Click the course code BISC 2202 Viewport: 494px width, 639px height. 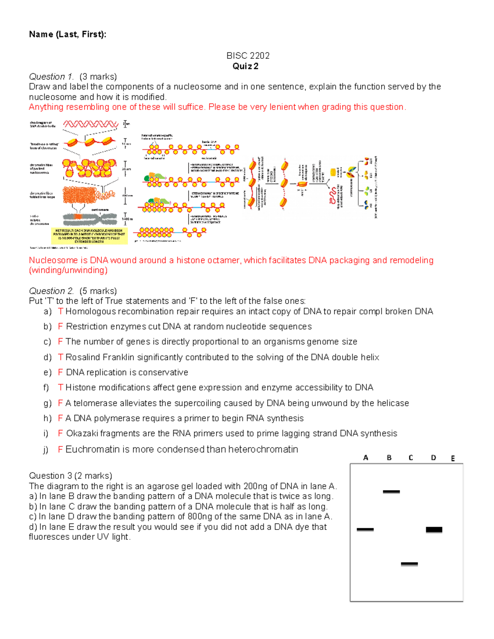248,56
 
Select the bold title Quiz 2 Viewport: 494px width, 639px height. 245,66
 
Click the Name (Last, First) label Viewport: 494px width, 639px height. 68,34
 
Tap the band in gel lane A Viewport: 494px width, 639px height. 365,530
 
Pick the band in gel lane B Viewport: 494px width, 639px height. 391,492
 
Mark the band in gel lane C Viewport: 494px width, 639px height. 409,564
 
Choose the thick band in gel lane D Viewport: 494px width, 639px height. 434,530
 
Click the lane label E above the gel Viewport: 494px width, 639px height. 453,458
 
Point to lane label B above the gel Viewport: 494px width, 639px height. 389,458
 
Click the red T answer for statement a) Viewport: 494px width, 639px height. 61,311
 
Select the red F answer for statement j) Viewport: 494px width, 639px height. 60,449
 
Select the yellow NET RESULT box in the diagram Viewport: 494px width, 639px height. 90,236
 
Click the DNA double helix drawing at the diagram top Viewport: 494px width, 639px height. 91,124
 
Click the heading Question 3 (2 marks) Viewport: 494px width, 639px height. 70,476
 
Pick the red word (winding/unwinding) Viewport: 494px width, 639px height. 68,270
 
